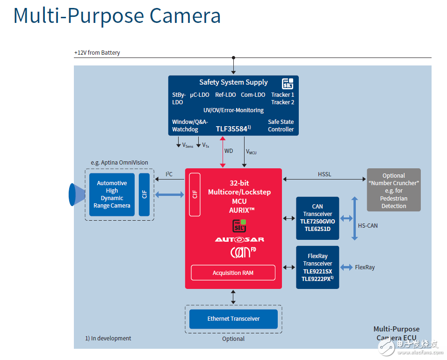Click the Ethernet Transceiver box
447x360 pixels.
[233, 319]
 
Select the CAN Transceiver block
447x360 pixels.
[317, 218]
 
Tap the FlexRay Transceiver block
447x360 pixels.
[317, 267]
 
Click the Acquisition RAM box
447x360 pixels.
[233, 273]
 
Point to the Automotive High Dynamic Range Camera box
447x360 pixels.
[112, 194]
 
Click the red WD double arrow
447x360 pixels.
[223, 151]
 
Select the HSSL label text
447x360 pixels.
[324, 174]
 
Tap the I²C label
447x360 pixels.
[169, 174]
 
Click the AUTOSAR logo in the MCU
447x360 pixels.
[233, 239]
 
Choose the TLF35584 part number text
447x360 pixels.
[232, 129]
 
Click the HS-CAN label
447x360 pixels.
[368, 225]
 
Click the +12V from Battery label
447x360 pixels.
[97, 53]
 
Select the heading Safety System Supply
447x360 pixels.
[233, 82]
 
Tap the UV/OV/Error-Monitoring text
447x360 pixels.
[233, 110]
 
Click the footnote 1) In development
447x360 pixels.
[108, 338]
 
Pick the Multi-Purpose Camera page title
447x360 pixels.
[117, 15]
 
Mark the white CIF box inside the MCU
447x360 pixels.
[195, 194]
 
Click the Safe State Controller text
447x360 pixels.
[281, 125]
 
